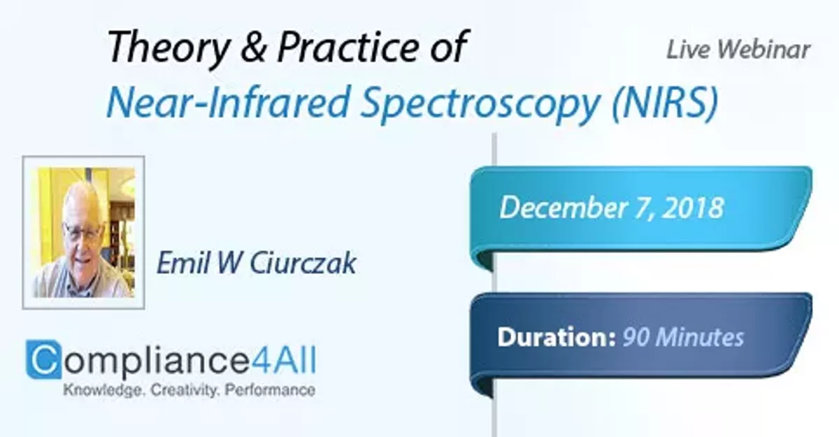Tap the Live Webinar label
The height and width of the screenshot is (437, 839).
coord(738,49)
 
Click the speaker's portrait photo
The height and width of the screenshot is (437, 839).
coord(83,232)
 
